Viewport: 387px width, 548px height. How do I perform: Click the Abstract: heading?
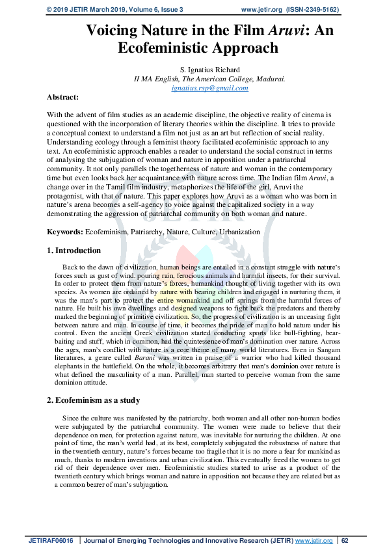pos(62,96)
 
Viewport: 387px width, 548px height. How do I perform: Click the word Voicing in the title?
pos(114,30)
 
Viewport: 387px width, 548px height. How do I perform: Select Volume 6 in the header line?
pos(146,10)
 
